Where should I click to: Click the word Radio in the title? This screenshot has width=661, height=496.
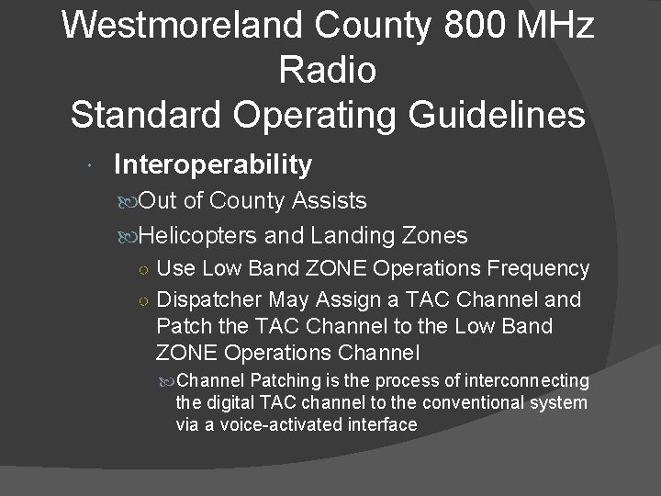pos(329,70)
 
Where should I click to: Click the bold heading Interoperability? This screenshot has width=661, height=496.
pos(212,164)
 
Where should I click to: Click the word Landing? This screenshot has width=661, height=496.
pos(351,235)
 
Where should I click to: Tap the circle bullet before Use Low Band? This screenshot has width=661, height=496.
pos(145,270)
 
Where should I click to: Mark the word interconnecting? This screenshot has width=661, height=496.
pos(528,380)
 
